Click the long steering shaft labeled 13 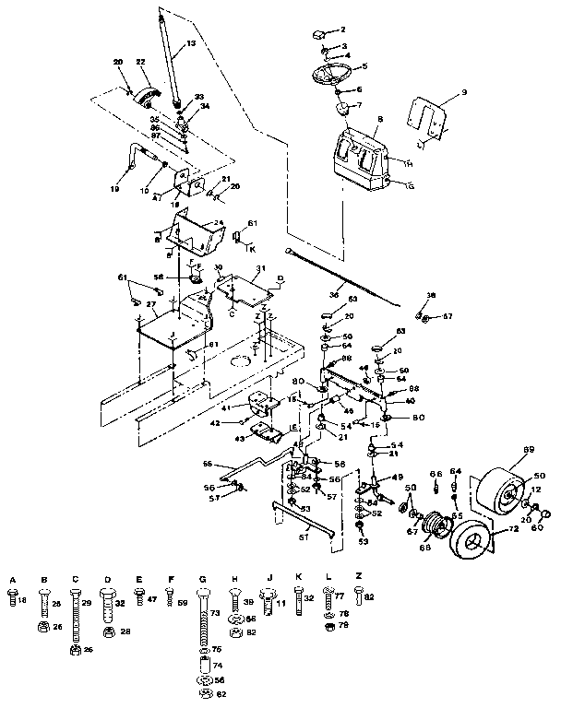tap(174, 65)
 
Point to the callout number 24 tap(220, 222)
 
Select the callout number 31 tap(260, 269)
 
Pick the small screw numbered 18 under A tap(13, 599)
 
